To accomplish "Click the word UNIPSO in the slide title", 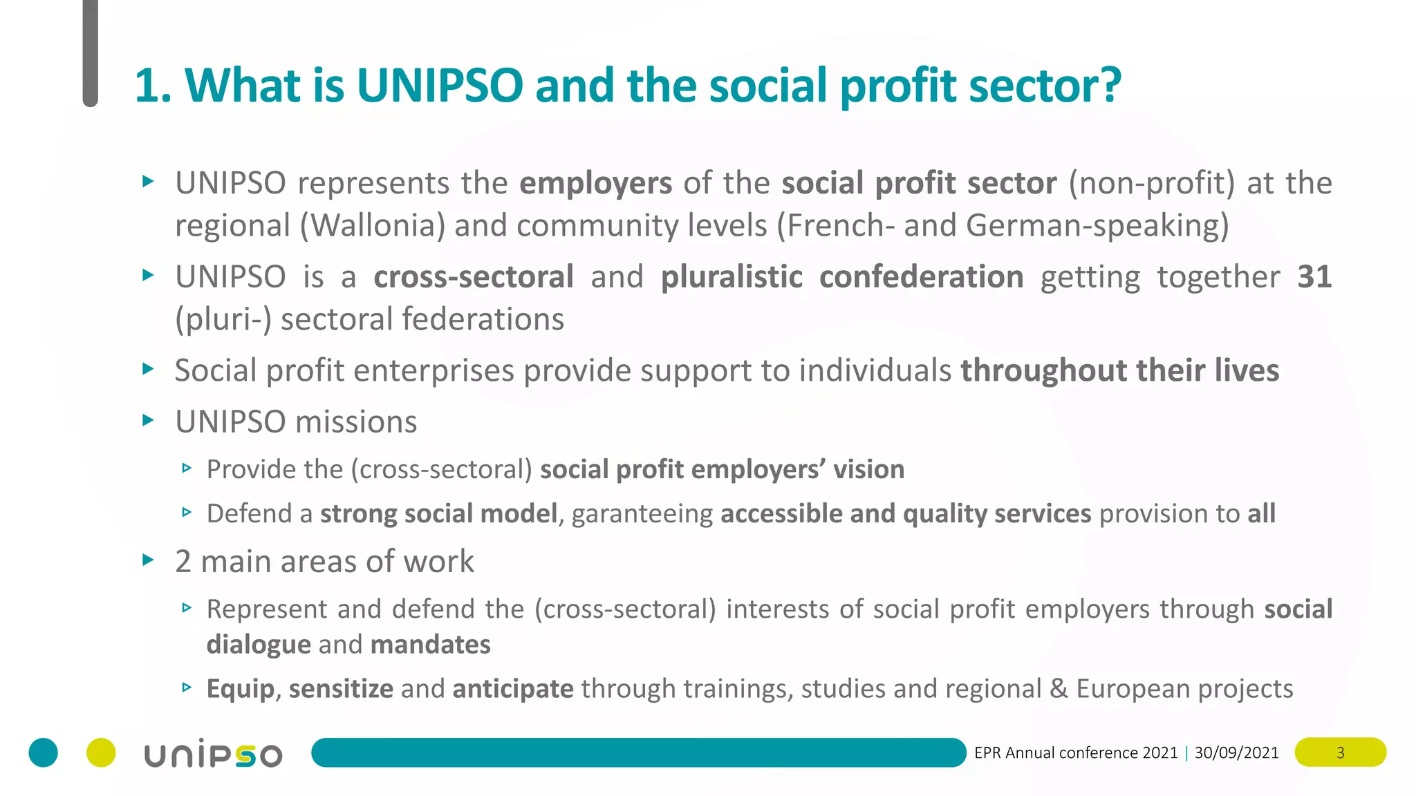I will pos(440,86).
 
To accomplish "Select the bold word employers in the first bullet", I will pos(595,184).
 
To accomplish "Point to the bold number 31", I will pos(1314,277).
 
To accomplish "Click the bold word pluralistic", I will pos(732,277).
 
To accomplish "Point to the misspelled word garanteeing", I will pos(642,514).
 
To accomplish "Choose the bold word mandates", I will pos(430,645).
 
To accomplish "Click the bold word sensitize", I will pos(341,689).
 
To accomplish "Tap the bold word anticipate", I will pos(513,689).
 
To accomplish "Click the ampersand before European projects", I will pos(1058,689).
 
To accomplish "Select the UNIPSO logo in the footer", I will pos(213,753).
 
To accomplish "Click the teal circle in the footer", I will pos(44,752).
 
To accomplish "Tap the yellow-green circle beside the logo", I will pos(101,752).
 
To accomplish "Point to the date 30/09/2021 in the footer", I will pos(1236,752).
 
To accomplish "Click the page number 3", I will pos(1340,752).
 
